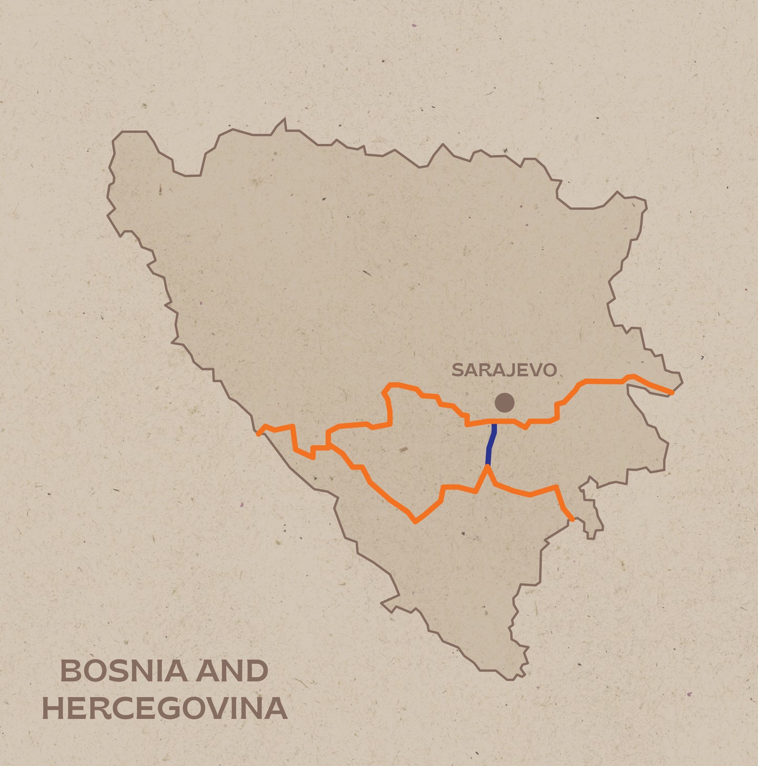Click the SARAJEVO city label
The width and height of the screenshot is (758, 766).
(x=504, y=370)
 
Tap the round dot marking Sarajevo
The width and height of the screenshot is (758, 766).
(x=505, y=402)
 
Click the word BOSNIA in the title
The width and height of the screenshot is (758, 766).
(x=124, y=671)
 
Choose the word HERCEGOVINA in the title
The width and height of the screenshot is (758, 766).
(x=165, y=708)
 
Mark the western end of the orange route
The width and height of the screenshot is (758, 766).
(x=258, y=433)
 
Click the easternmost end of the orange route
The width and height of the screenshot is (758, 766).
(x=672, y=392)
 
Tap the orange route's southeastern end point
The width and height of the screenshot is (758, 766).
(x=572, y=519)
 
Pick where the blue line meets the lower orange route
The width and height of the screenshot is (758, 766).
(x=487, y=466)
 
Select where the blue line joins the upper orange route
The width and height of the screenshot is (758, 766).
(x=494, y=421)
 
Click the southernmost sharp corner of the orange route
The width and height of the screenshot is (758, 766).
(x=415, y=522)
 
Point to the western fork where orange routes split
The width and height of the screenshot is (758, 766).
(x=328, y=446)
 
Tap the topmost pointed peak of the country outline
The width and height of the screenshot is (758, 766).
(x=285, y=120)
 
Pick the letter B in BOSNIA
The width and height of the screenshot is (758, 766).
(x=71, y=671)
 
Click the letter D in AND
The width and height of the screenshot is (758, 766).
(x=257, y=671)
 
